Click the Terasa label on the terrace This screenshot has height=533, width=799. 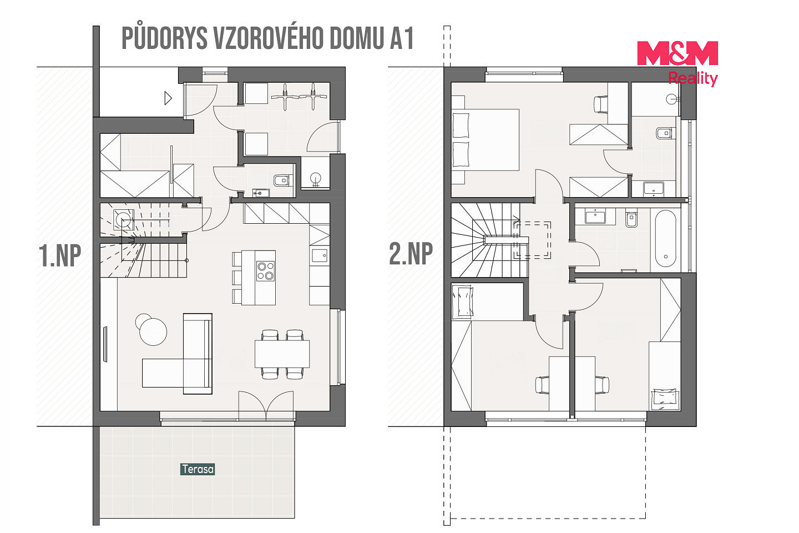[x=198, y=469]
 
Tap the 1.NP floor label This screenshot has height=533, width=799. [x=60, y=255]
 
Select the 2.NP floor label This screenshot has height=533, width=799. [x=411, y=254]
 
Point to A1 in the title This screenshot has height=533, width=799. [x=402, y=38]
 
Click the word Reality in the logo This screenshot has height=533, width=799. [x=692, y=78]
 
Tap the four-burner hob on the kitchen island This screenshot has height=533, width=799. [x=265, y=271]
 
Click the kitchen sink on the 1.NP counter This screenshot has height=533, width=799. [x=320, y=255]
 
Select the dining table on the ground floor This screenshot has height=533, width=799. [x=282, y=354]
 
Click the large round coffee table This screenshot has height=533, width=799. [x=153, y=331]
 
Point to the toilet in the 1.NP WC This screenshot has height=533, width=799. [x=283, y=180]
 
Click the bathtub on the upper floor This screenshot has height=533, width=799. [x=666, y=239]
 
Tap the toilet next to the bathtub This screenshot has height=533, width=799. [x=631, y=219]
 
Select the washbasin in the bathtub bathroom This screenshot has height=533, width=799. [x=595, y=217]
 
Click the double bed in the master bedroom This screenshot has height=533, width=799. [x=485, y=139]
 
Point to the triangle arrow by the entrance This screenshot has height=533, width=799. [x=168, y=98]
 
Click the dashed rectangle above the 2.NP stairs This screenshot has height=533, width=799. [x=532, y=240]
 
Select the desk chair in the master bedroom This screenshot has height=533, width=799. [x=600, y=104]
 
